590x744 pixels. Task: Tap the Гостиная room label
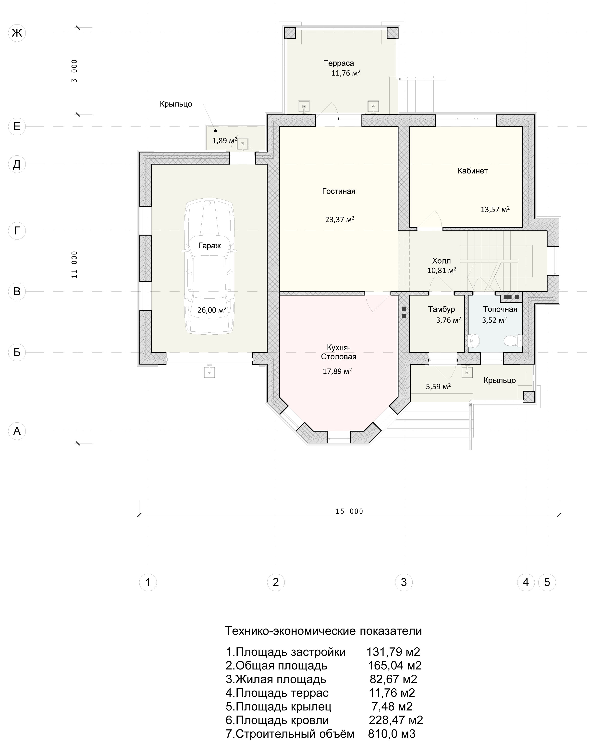pos(338,191)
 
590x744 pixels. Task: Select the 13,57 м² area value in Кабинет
pos(495,209)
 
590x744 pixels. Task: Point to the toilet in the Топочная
pos(513,341)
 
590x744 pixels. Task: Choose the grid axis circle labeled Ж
pos(17,33)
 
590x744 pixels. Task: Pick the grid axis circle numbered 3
pos(404,582)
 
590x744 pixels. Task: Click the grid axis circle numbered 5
pos(547,582)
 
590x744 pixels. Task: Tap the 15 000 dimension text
pos(349,511)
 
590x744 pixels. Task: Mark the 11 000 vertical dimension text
pos(74,265)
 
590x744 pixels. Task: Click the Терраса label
pos(338,63)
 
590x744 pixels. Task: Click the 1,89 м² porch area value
pos(224,140)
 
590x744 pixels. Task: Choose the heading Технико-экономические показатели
pos(323,631)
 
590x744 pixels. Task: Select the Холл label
pos(441,261)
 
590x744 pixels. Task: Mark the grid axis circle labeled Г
pos(17,230)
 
